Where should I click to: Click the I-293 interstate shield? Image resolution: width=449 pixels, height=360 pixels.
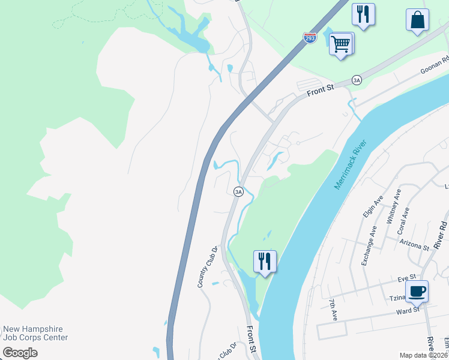point(310,38)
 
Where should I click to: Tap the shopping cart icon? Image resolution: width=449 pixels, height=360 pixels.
point(340,43)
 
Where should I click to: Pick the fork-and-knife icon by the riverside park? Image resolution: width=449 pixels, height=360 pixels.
point(265,261)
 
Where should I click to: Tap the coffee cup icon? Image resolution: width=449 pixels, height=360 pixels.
point(417,292)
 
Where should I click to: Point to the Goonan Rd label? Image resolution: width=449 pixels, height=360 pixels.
point(435,65)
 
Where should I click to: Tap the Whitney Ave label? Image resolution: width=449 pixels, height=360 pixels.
point(396,207)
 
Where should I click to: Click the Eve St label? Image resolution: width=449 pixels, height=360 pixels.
point(406,278)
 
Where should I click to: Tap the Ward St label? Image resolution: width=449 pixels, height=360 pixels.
point(407,311)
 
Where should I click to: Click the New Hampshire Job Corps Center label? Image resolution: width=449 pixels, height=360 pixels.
point(35,333)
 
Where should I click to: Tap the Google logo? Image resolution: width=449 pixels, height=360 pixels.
point(20,353)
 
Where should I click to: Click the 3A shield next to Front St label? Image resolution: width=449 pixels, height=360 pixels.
point(357,80)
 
